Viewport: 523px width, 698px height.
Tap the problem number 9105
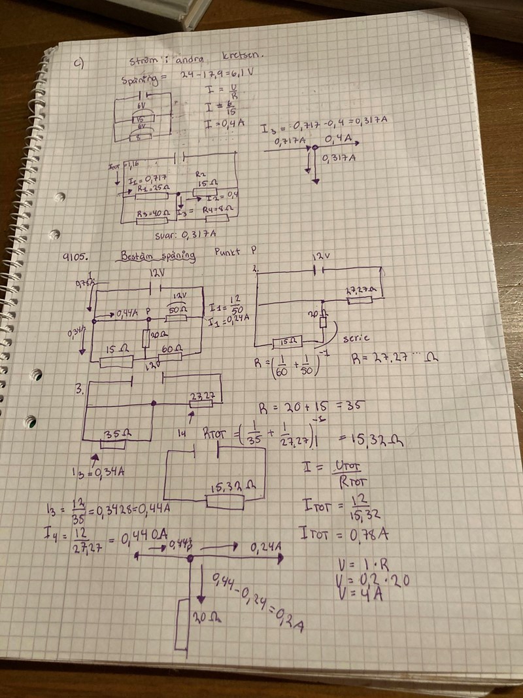[x=77, y=257]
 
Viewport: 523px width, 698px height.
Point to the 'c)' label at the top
[x=78, y=63]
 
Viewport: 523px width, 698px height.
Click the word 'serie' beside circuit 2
[x=356, y=338]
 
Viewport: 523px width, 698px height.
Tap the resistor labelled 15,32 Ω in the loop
[x=225, y=502]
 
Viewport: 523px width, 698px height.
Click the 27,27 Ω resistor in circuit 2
[x=355, y=299]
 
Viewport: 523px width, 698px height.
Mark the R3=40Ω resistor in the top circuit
[x=154, y=213]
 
